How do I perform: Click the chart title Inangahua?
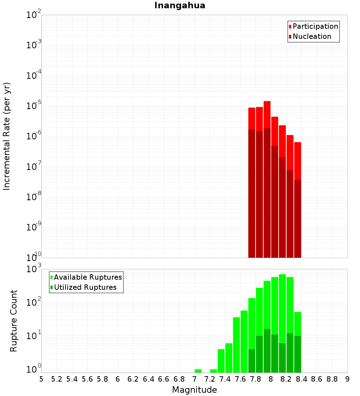(x=180, y=6)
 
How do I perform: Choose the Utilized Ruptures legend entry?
(x=85, y=287)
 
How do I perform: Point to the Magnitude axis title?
(x=194, y=390)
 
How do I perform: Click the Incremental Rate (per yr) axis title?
(x=7, y=136)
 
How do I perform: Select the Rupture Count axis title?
(x=14, y=321)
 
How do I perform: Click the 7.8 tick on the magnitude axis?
(x=256, y=379)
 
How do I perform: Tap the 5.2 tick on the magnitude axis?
(x=57, y=379)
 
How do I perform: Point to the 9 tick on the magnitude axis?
(x=347, y=379)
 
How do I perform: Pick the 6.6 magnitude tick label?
(x=164, y=379)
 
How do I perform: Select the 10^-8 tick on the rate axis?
(x=34, y=197)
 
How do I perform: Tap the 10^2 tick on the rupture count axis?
(x=34, y=302)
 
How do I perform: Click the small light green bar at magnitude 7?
(x=198, y=371)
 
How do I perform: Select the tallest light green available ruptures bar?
(x=282, y=306)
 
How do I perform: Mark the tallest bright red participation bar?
(x=267, y=114)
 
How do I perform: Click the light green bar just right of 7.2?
(x=213, y=371)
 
